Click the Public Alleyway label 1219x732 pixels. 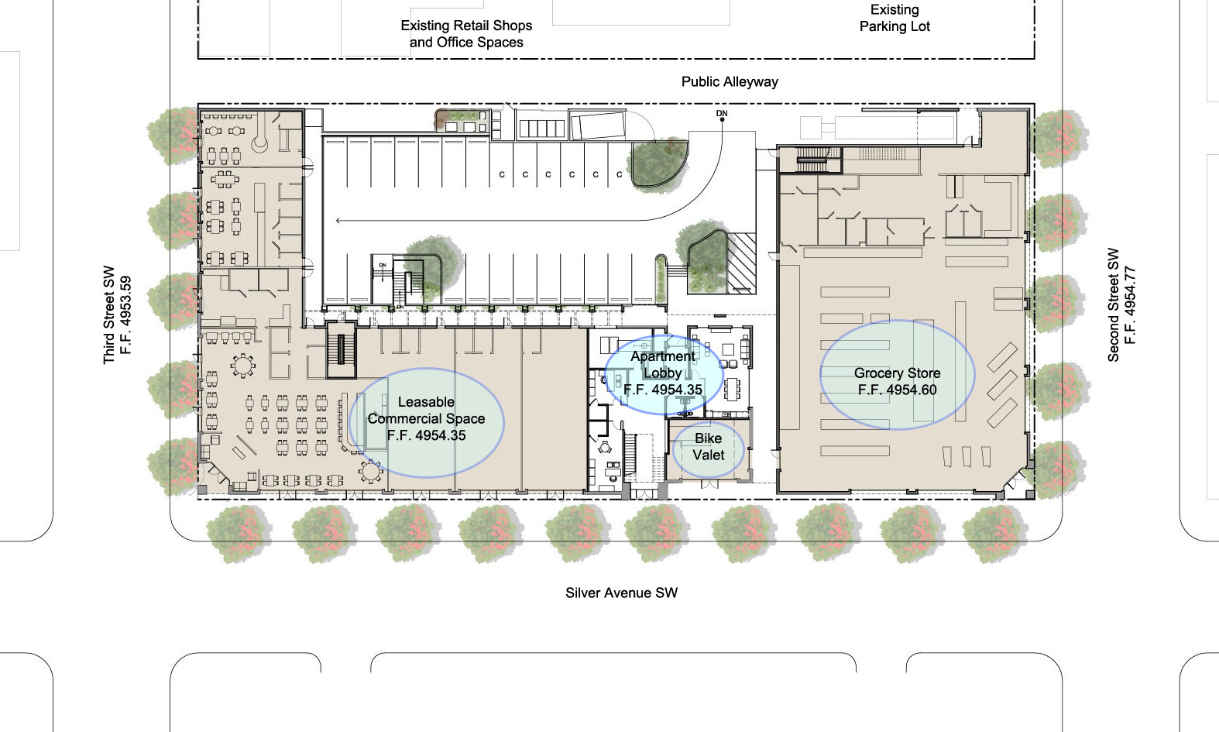click(x=730, y=81)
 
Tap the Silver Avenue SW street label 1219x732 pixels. click(x=621, y=593)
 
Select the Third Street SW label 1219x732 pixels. click(x=109, y=314)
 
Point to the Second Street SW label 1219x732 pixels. click(x=1114, y=304)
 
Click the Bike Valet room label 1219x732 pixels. click(x=708, y=446)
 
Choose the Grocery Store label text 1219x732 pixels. click(x=897, y=373)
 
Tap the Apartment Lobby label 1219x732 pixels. click(x=663, y=365)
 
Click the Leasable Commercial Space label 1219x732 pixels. click(x=426, y=411)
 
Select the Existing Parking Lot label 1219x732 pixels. click(x=895, y=18)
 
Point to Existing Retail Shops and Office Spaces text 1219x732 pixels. click(x=466, y=34)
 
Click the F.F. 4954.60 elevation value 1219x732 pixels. click(x=897, y=390)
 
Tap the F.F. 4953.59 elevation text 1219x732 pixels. click(x=125, y=314)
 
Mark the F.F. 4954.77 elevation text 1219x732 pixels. click(x=1130, y=304)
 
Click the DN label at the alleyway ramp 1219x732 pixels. click(x=722, y=113)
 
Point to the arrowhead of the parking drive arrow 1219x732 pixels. click(x=338, y=221)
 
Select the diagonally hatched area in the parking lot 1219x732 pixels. click(x=742, y=263)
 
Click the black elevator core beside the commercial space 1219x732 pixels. click(x=341, y=349)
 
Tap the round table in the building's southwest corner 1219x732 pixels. click(x=371, y=471)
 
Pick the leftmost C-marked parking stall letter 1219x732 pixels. click(x=502, y=175)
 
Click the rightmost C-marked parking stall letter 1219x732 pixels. click(x=620, y=175)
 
